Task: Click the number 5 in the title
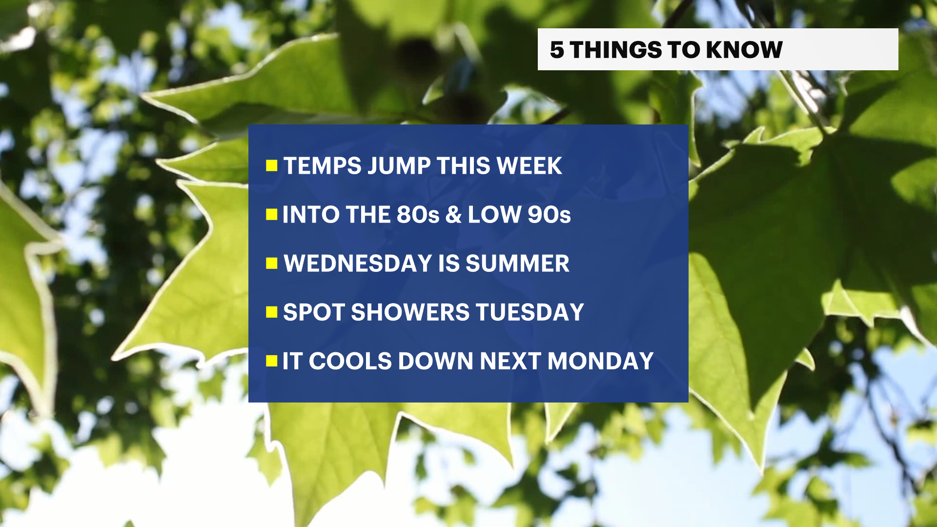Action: (557, 50)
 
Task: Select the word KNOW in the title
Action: (744, 50)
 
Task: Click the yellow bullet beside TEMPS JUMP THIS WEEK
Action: (272, 166)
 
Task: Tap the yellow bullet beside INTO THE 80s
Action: (272, 215)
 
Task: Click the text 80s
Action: (418, 215)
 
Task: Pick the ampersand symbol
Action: (453, 215)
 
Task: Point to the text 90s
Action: (549, 215)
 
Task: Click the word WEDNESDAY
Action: (358, 263)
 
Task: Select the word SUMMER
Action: (517, 263)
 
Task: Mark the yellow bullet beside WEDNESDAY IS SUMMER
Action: (272, 263)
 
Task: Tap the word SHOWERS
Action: (411, 312)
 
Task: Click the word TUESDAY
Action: (530, 312)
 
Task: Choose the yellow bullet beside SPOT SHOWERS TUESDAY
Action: (272, 312)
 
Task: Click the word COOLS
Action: (350, 361)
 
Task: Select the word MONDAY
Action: (600, 361)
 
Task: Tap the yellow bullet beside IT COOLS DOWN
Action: (272, 361)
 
